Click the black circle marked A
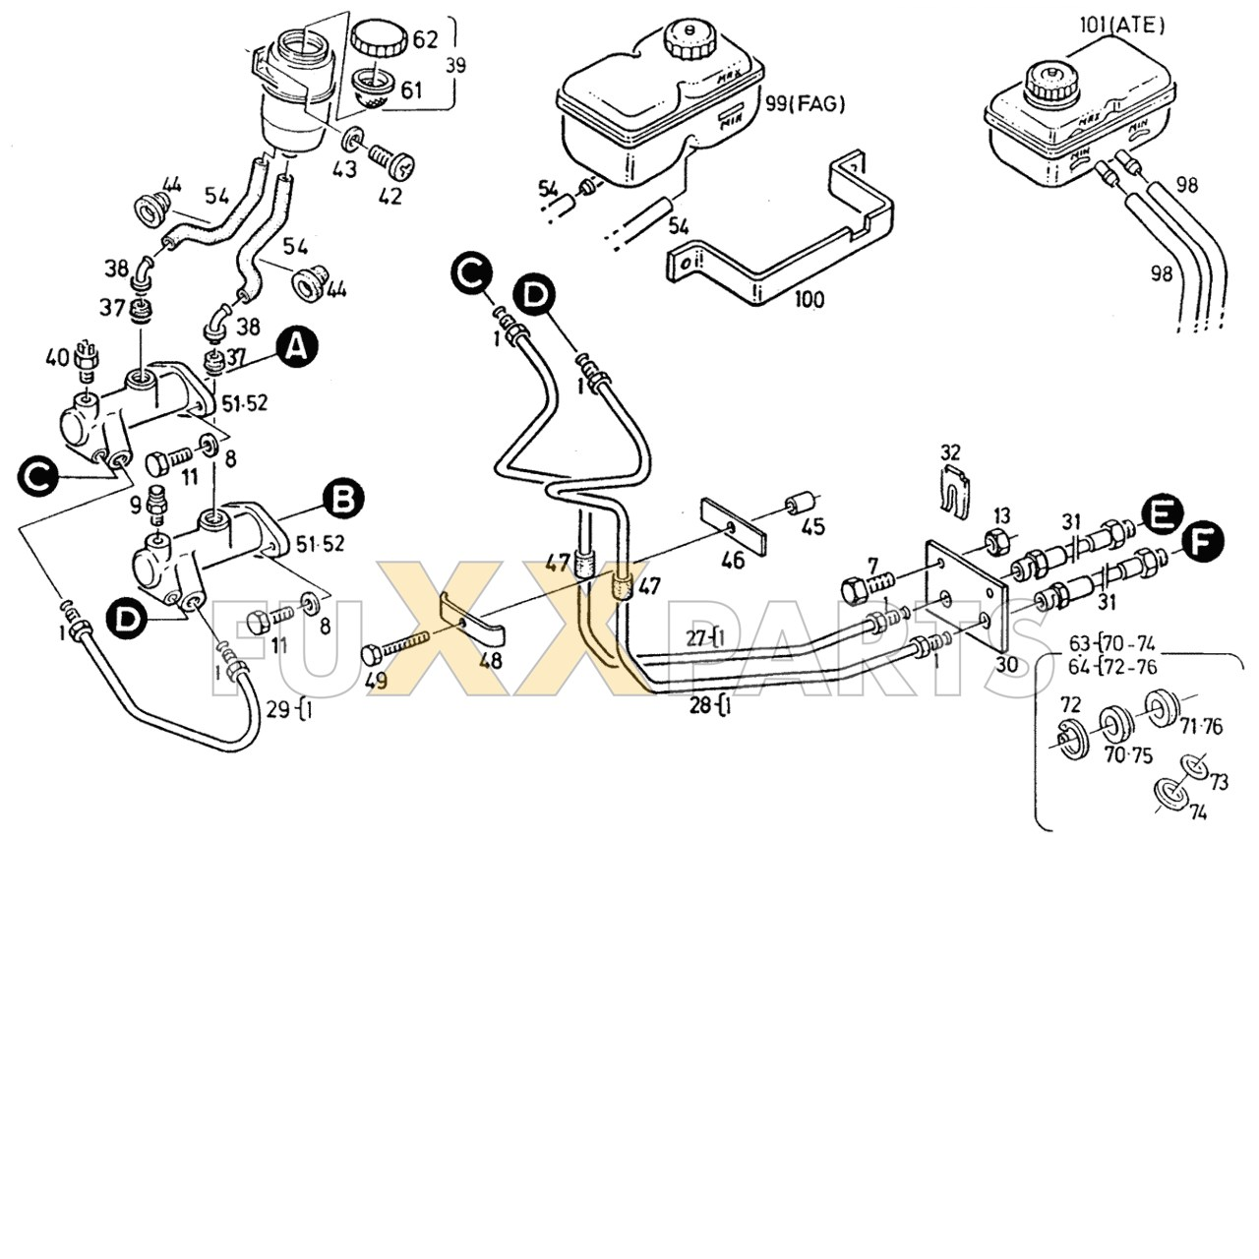point(297,347)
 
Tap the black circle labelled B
point(343,499)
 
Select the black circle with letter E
point(1161,514)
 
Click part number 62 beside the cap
point(425,39)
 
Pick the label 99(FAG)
point(805,102)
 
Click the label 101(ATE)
point(1121,25)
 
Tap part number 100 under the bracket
point(809,299)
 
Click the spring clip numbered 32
point(952,490)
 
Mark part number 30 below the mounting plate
point(1006,664)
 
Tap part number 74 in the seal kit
point(1197,812)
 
